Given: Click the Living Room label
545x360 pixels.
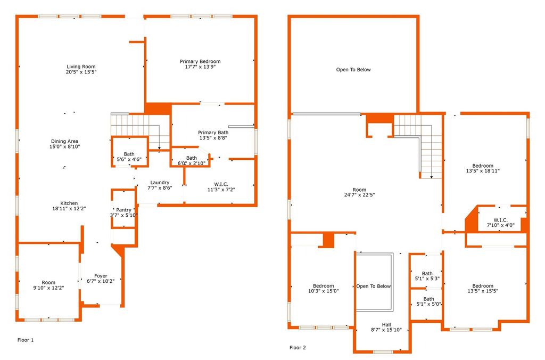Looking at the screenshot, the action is pyautogui.click(x=81, y=69).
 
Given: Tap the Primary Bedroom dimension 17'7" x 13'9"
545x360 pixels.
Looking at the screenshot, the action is pyautogui.click(x=200, y=67).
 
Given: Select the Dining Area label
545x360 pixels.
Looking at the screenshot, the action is pyautogui.click(x=64, y=144).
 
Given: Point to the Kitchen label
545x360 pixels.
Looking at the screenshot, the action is pyautogui.click(x=69, y=206).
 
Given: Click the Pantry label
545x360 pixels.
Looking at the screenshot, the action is pyautogui.click(x=123, y=212).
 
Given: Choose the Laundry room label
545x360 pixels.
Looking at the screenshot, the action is pyautogui.click(x=160, y=185).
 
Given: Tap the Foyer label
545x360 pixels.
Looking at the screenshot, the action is pyautogui.click(x=101, y=279).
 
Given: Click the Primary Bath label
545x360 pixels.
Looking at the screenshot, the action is pyautogui.click(x=213, y=135).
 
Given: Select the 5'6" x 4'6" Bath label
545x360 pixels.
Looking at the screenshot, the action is pyautogui.click(x=129, y=157).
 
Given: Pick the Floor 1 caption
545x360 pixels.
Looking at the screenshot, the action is pyautogui.click(x=26, y=340).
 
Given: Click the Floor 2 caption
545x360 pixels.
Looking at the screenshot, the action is pyautogui.click(x=298, y=347).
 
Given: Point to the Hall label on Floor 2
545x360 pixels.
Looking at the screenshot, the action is pyautogui.click(x=386, y=327).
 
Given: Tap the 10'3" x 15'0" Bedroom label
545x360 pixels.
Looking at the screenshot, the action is pyautogui.click(x=323, y=288).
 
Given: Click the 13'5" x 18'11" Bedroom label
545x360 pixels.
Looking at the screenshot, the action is pyautogui.click(x=483, y=168).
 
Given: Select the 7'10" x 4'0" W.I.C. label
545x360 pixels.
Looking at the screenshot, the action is pyautogui.click(x=500, y=223).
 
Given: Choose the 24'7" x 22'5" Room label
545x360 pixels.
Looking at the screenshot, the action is pyautogui.click(x=359, y=192).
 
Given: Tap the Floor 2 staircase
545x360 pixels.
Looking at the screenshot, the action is pyautogui.click(x=418, y=146).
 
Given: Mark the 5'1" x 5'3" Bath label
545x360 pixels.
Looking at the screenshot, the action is pyautogui.click(x=427, y=276).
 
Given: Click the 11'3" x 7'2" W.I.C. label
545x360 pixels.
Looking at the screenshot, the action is pyautogui.click(x=221, y=187).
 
